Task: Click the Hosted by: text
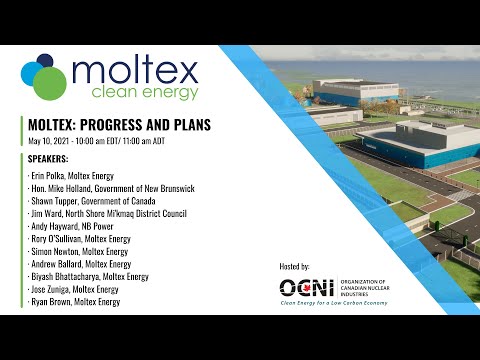click(x=301, y=267)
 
